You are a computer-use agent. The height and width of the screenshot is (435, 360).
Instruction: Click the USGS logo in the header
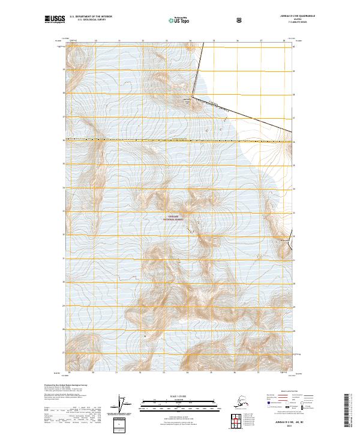point(54,20)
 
